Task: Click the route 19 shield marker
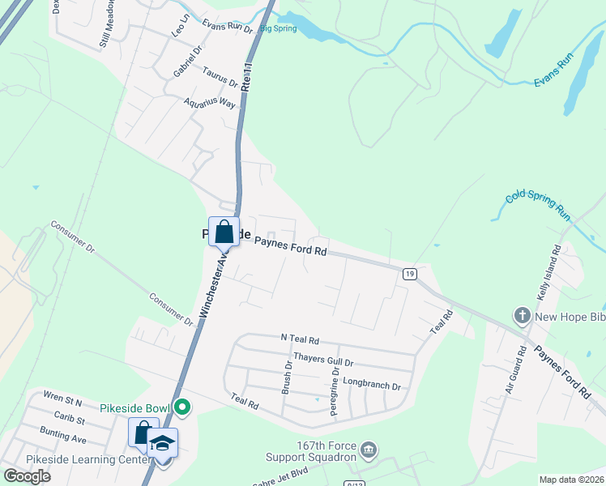click(411, 274)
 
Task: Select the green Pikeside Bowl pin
click(183, 407)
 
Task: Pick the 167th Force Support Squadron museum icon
click(369, 449)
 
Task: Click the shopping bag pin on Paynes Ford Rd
click(224, 232)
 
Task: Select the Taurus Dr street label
click(220, 77)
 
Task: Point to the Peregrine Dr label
click(334, 392)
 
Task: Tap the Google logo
click(27, 475)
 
